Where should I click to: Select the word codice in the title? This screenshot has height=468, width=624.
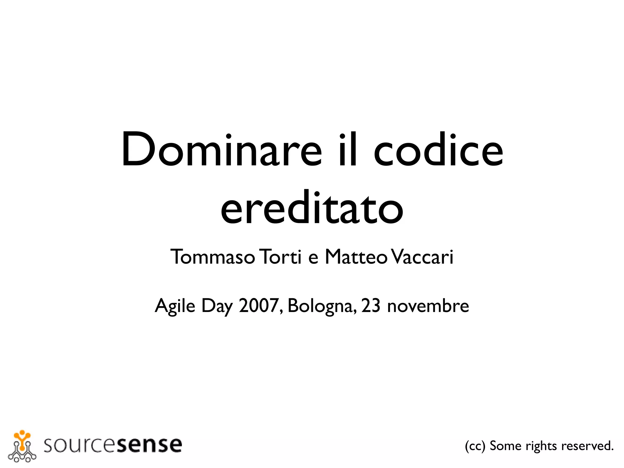click(438, 149)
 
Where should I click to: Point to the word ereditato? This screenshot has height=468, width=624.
click(312, 207)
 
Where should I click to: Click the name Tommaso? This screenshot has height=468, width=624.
click(212, 257)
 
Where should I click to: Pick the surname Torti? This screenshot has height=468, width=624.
click(281, 257)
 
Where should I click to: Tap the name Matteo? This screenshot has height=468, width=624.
click(356, 257)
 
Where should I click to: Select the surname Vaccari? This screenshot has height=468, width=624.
click(422, 257)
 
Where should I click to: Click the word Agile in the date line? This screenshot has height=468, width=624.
click(175, 306)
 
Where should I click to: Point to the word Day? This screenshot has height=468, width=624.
click(217, 306)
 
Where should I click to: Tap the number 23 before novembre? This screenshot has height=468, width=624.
click(371, 305)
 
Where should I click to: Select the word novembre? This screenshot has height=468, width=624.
click(428, 306)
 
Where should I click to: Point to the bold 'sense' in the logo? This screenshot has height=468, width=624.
click(149, 445)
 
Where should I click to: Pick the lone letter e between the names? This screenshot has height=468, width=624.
click(313, 258)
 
